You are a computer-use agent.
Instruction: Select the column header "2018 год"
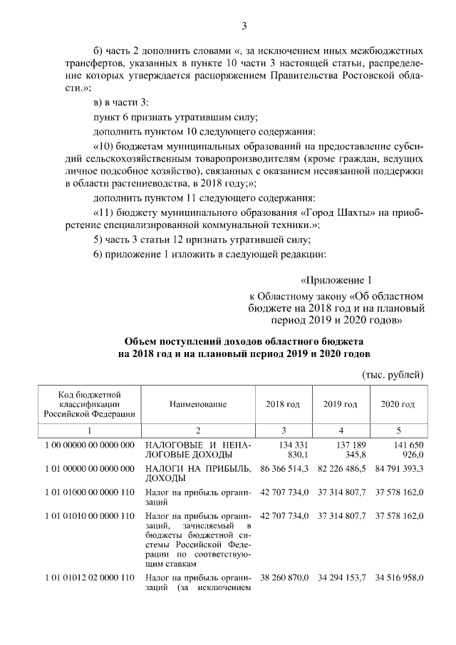coord(283,404)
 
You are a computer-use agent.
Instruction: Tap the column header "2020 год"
coord(398,404)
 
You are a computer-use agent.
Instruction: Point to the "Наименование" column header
coord(198,404)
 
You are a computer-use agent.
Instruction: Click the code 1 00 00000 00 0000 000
coord(89,445)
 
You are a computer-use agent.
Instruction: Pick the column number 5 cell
coord(398,430)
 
